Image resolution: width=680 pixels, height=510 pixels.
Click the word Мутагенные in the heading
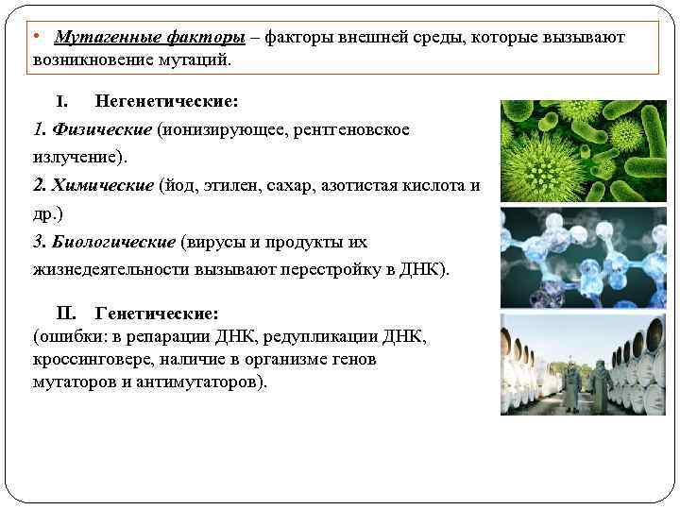(x=99, y=37)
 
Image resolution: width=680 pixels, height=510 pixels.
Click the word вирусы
(x=216, y=241)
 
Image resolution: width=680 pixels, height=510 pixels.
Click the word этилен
(x=235, y=184)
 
